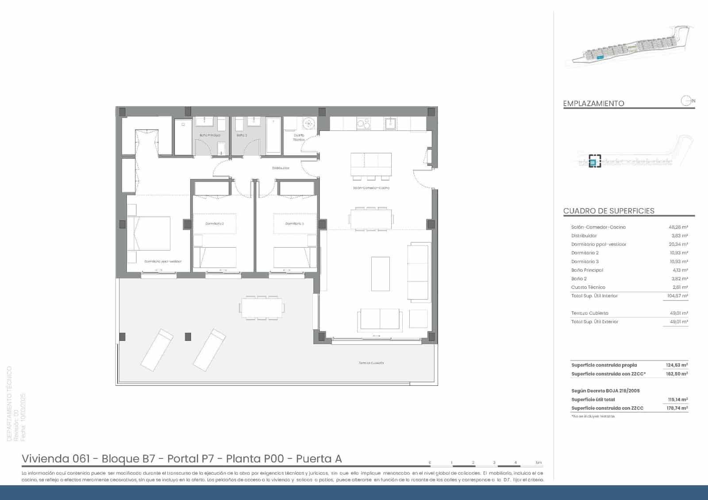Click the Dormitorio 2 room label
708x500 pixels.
tap(215, 223)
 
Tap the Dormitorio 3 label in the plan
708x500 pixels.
tap(294, 223)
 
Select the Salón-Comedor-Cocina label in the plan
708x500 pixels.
tap(371, 188)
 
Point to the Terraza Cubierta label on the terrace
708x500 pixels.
tap(371, 363)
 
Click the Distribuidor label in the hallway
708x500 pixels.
tap(281, 168)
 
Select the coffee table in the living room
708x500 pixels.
tap(380, 273)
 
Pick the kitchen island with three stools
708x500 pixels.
tap(371, 164)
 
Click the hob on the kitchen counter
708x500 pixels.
tap(363, 123)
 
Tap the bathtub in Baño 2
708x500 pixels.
tap(273, 135)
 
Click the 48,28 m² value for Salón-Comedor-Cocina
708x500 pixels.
tap(678, 227)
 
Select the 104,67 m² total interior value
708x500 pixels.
tap(677, 296)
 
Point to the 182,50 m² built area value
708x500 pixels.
tap(677, 374)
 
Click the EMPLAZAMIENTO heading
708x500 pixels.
tap(593, 104)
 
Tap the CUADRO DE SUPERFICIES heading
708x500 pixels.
tap(608, 211)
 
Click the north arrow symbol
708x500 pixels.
tap(686, 101)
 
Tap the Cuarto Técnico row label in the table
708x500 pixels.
tap(588, 287)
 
